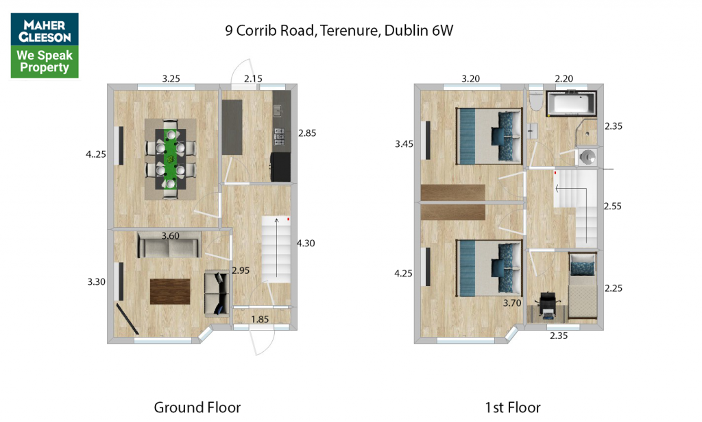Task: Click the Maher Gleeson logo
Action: (45, 46)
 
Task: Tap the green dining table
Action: (170, 159)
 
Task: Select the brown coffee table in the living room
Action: (170, 291)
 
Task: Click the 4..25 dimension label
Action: (96, 154)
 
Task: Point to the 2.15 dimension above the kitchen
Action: (253, 79)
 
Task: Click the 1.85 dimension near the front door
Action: (260, 319)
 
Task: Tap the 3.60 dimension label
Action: (170, 235)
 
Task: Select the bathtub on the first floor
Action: (571, 104)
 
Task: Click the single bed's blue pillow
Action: (583, 268)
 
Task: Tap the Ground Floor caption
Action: (197, 408)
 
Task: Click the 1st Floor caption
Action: (513, 408)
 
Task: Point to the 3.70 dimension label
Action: (512, 303)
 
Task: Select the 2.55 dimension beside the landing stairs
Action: (612, 207)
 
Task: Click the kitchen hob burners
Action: (280, 136)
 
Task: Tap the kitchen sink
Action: (278, 110)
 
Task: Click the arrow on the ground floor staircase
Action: (277, 248)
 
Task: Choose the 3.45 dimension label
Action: (404, 144)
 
